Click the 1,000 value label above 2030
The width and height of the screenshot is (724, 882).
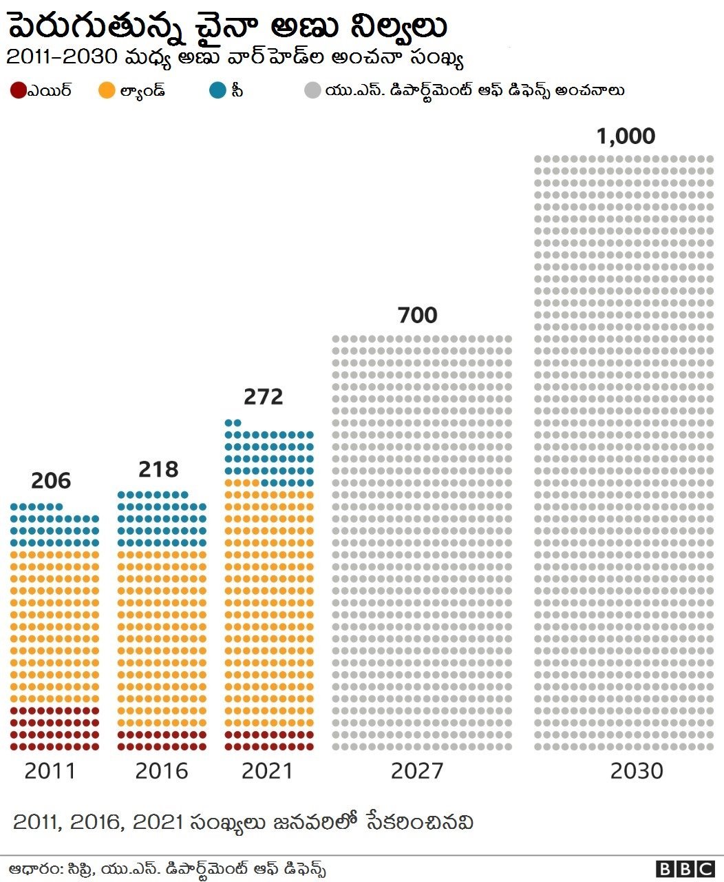(625, 136)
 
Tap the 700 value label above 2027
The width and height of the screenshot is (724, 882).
(417, 316)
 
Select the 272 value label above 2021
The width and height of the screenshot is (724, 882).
(264, 397)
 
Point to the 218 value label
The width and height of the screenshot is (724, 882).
(158, 469)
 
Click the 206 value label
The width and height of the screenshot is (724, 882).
(51, 481)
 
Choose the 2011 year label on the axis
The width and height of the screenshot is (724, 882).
(50, 770)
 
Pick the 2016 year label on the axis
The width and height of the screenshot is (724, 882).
(162, 770)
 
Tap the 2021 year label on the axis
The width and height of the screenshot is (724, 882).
(268, 770)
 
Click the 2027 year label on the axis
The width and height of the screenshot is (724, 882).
(417, 770)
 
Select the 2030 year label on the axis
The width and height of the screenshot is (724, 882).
(637, 770)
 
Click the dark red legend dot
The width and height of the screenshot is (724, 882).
(18, 91)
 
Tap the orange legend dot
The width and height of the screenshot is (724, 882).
(107, 91)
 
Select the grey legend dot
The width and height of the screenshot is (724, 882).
(312, 91)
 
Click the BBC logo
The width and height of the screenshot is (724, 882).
(685, 869)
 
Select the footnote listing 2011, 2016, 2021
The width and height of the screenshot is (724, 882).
(243, 822)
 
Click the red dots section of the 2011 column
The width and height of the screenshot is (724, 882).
(55, 728)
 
